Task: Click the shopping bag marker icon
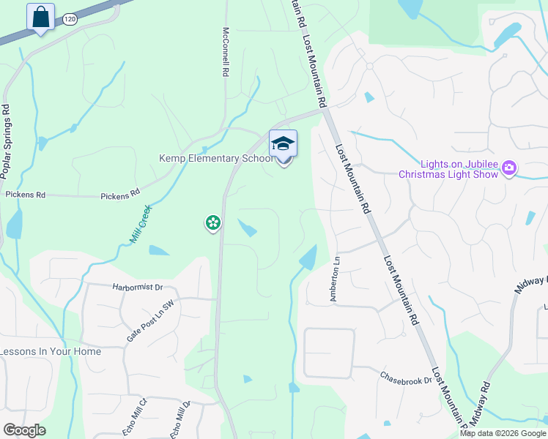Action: [x=40, y=16]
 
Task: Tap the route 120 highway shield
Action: [x=70, y=20]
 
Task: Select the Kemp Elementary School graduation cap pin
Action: [x=283, y=145]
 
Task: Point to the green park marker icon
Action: [x=212, y=222]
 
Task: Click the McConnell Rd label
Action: [x=226, y=53]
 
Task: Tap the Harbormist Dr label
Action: [x=138, y=288]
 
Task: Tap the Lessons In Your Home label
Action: [x=51, y=351]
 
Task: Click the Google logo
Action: [x=24, y=430]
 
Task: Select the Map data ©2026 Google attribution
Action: [x=503, y=433]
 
